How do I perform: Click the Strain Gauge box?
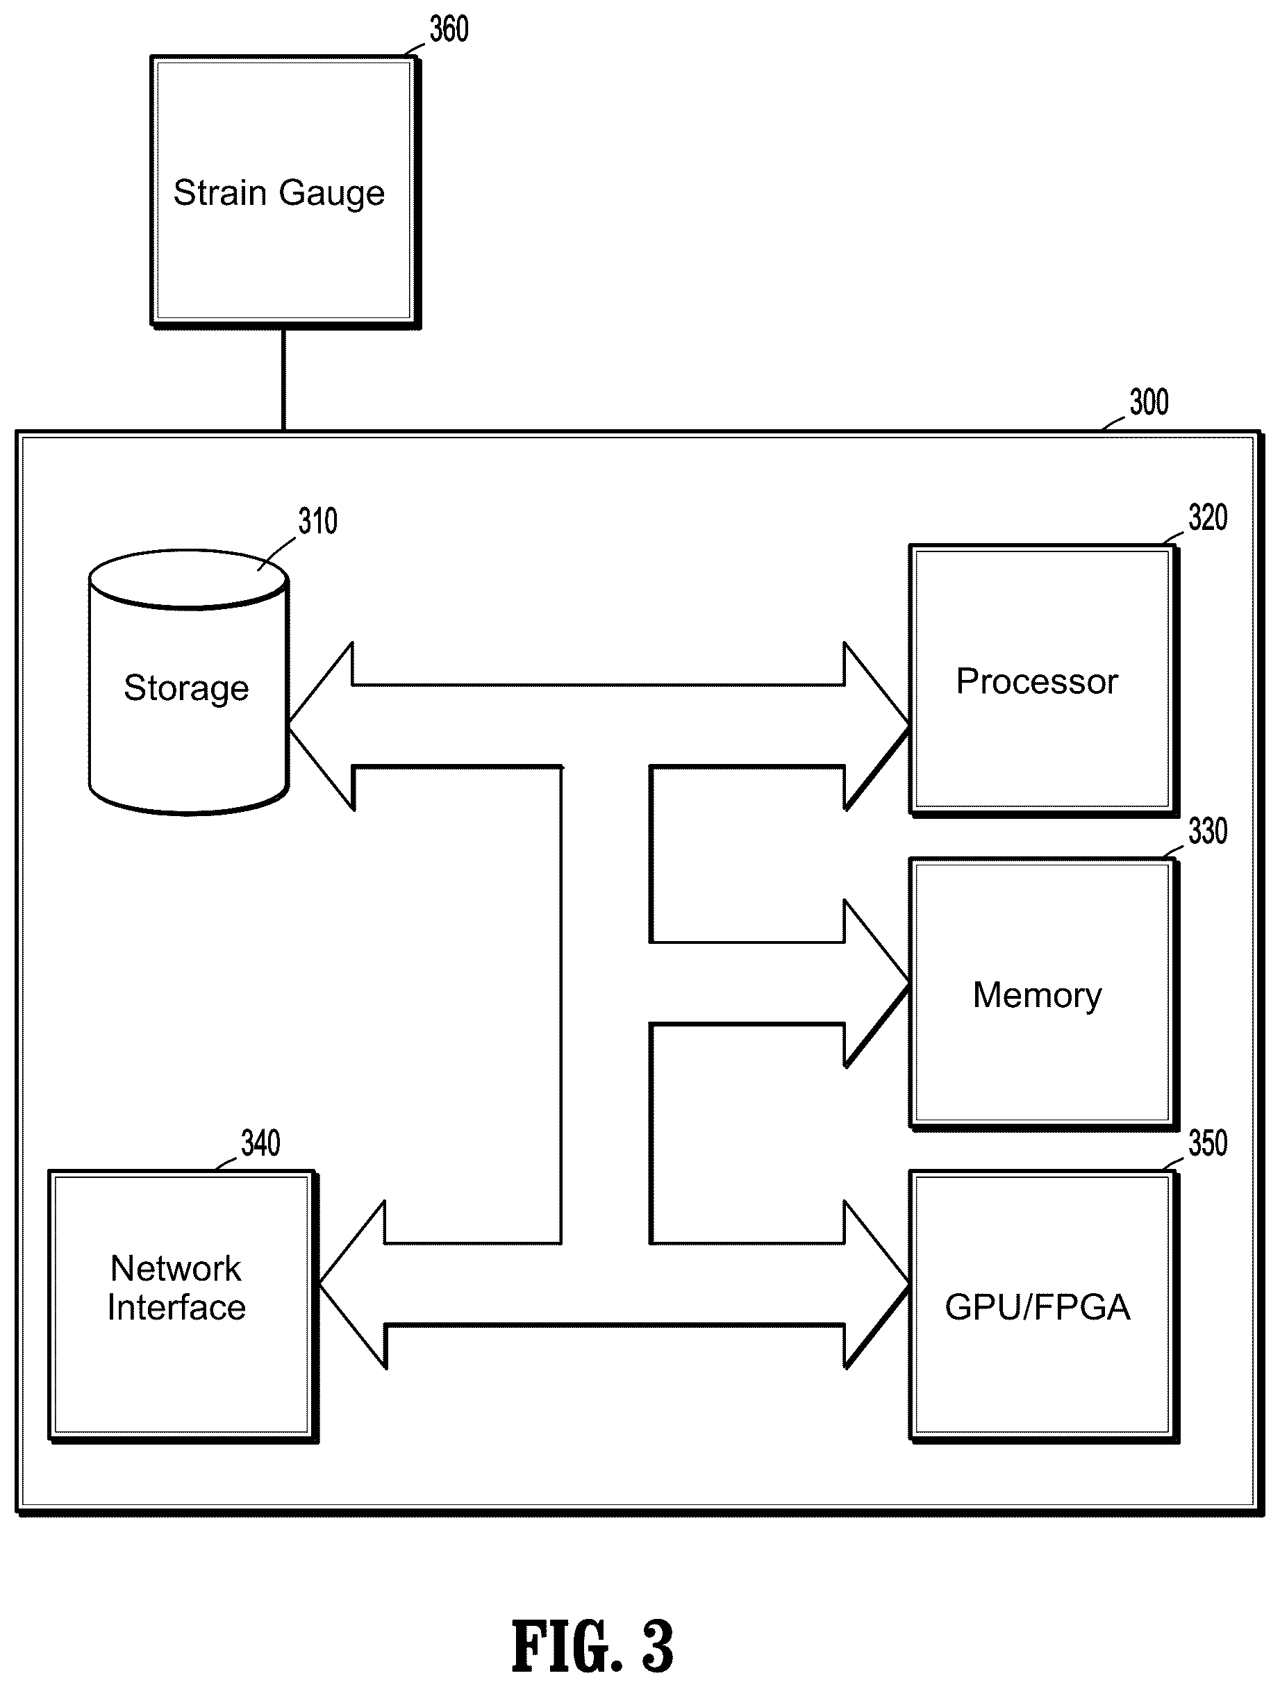[285, 192]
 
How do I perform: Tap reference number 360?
[449, 31]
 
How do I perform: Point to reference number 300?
[1149, 403]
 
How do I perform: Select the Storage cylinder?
[188, 683]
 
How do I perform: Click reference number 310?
[317, 522]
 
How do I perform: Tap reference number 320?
[1208, 518]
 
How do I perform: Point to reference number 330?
[1208, 831]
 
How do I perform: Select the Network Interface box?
[183, 1306]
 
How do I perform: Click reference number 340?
[260, 1143]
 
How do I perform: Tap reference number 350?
[1208, 1143]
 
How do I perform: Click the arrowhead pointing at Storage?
[320, 725]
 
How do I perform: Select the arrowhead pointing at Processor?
[876, 725]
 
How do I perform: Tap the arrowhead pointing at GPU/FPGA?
[876, 1284]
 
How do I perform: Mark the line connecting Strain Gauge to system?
[284, 380]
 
